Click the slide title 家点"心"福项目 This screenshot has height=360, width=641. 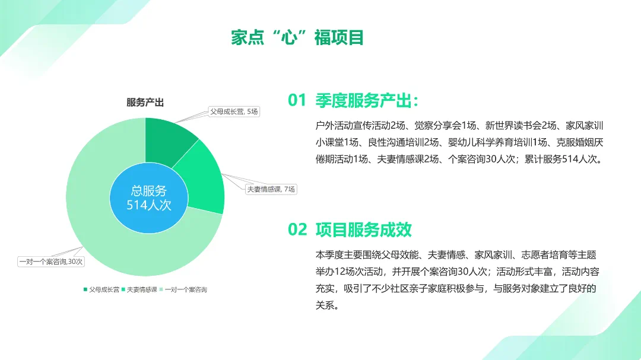click(x=297, y=37)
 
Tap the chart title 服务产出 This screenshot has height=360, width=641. click(x=145, y=103)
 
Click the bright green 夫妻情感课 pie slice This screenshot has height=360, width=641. click(x=202, y=180)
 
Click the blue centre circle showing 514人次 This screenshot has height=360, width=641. click(x=149, y=197)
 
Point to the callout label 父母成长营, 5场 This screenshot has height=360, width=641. click(x=234, y=111)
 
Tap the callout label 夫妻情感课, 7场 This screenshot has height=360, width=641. click(x=271, y=189)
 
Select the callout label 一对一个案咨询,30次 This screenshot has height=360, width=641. click(x=51, y=262)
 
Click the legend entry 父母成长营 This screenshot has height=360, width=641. click(x=101, y=289)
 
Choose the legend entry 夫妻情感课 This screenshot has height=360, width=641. click(x=139, y=289)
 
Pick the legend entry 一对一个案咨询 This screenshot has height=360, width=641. click(x=183, y=289)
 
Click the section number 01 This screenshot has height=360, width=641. click(x=297, y=100)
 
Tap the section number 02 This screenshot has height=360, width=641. click(x=297, y=230)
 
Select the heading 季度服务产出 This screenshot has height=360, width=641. click(x=363, y=100)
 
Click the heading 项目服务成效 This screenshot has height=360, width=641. click(x=363, y=230)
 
